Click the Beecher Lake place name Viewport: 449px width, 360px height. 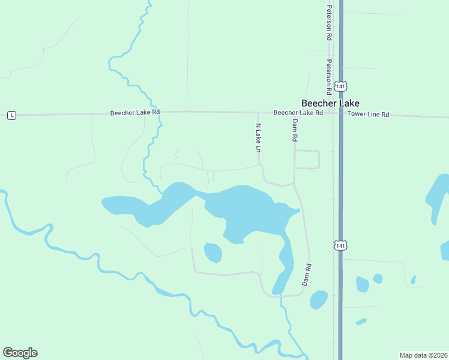(330, 103)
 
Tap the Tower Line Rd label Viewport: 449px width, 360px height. (369, 114)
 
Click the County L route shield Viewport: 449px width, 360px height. (11, 115)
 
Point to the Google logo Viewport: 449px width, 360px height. (20, 353)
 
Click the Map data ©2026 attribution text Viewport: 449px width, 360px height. (423, 355)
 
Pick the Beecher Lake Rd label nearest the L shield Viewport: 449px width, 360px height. (135, 112)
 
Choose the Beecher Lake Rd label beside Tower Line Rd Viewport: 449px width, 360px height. (298, 113)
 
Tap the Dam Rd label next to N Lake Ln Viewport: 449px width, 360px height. (295, 130)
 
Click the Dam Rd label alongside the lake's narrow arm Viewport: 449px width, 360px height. (307, 274)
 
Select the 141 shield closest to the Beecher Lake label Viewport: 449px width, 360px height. (340, 86)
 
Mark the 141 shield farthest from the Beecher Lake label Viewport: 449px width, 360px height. (340, 245)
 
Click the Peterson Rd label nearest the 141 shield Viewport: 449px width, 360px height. (329, 77)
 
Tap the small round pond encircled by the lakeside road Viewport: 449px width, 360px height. (212, 253)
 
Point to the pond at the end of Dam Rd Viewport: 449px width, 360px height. (318, 299)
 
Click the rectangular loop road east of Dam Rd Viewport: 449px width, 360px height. (307, 159)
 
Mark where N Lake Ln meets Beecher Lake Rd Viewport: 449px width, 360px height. (258, 113)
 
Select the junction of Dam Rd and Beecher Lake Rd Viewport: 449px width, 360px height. (294, 113)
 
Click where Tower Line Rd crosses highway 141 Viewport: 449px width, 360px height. (340, 114)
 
